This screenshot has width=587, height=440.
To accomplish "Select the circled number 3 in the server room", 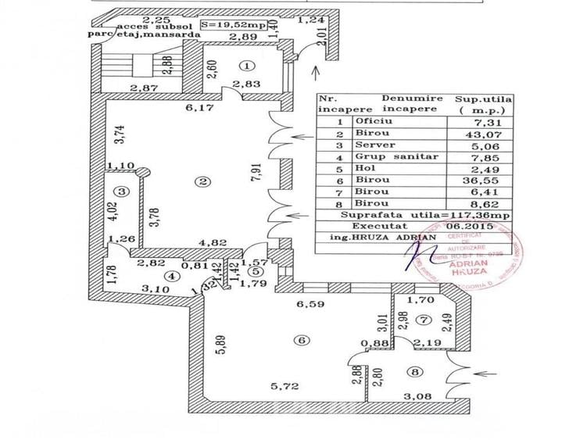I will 120,191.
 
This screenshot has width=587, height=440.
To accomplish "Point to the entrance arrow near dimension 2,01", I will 313,74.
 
